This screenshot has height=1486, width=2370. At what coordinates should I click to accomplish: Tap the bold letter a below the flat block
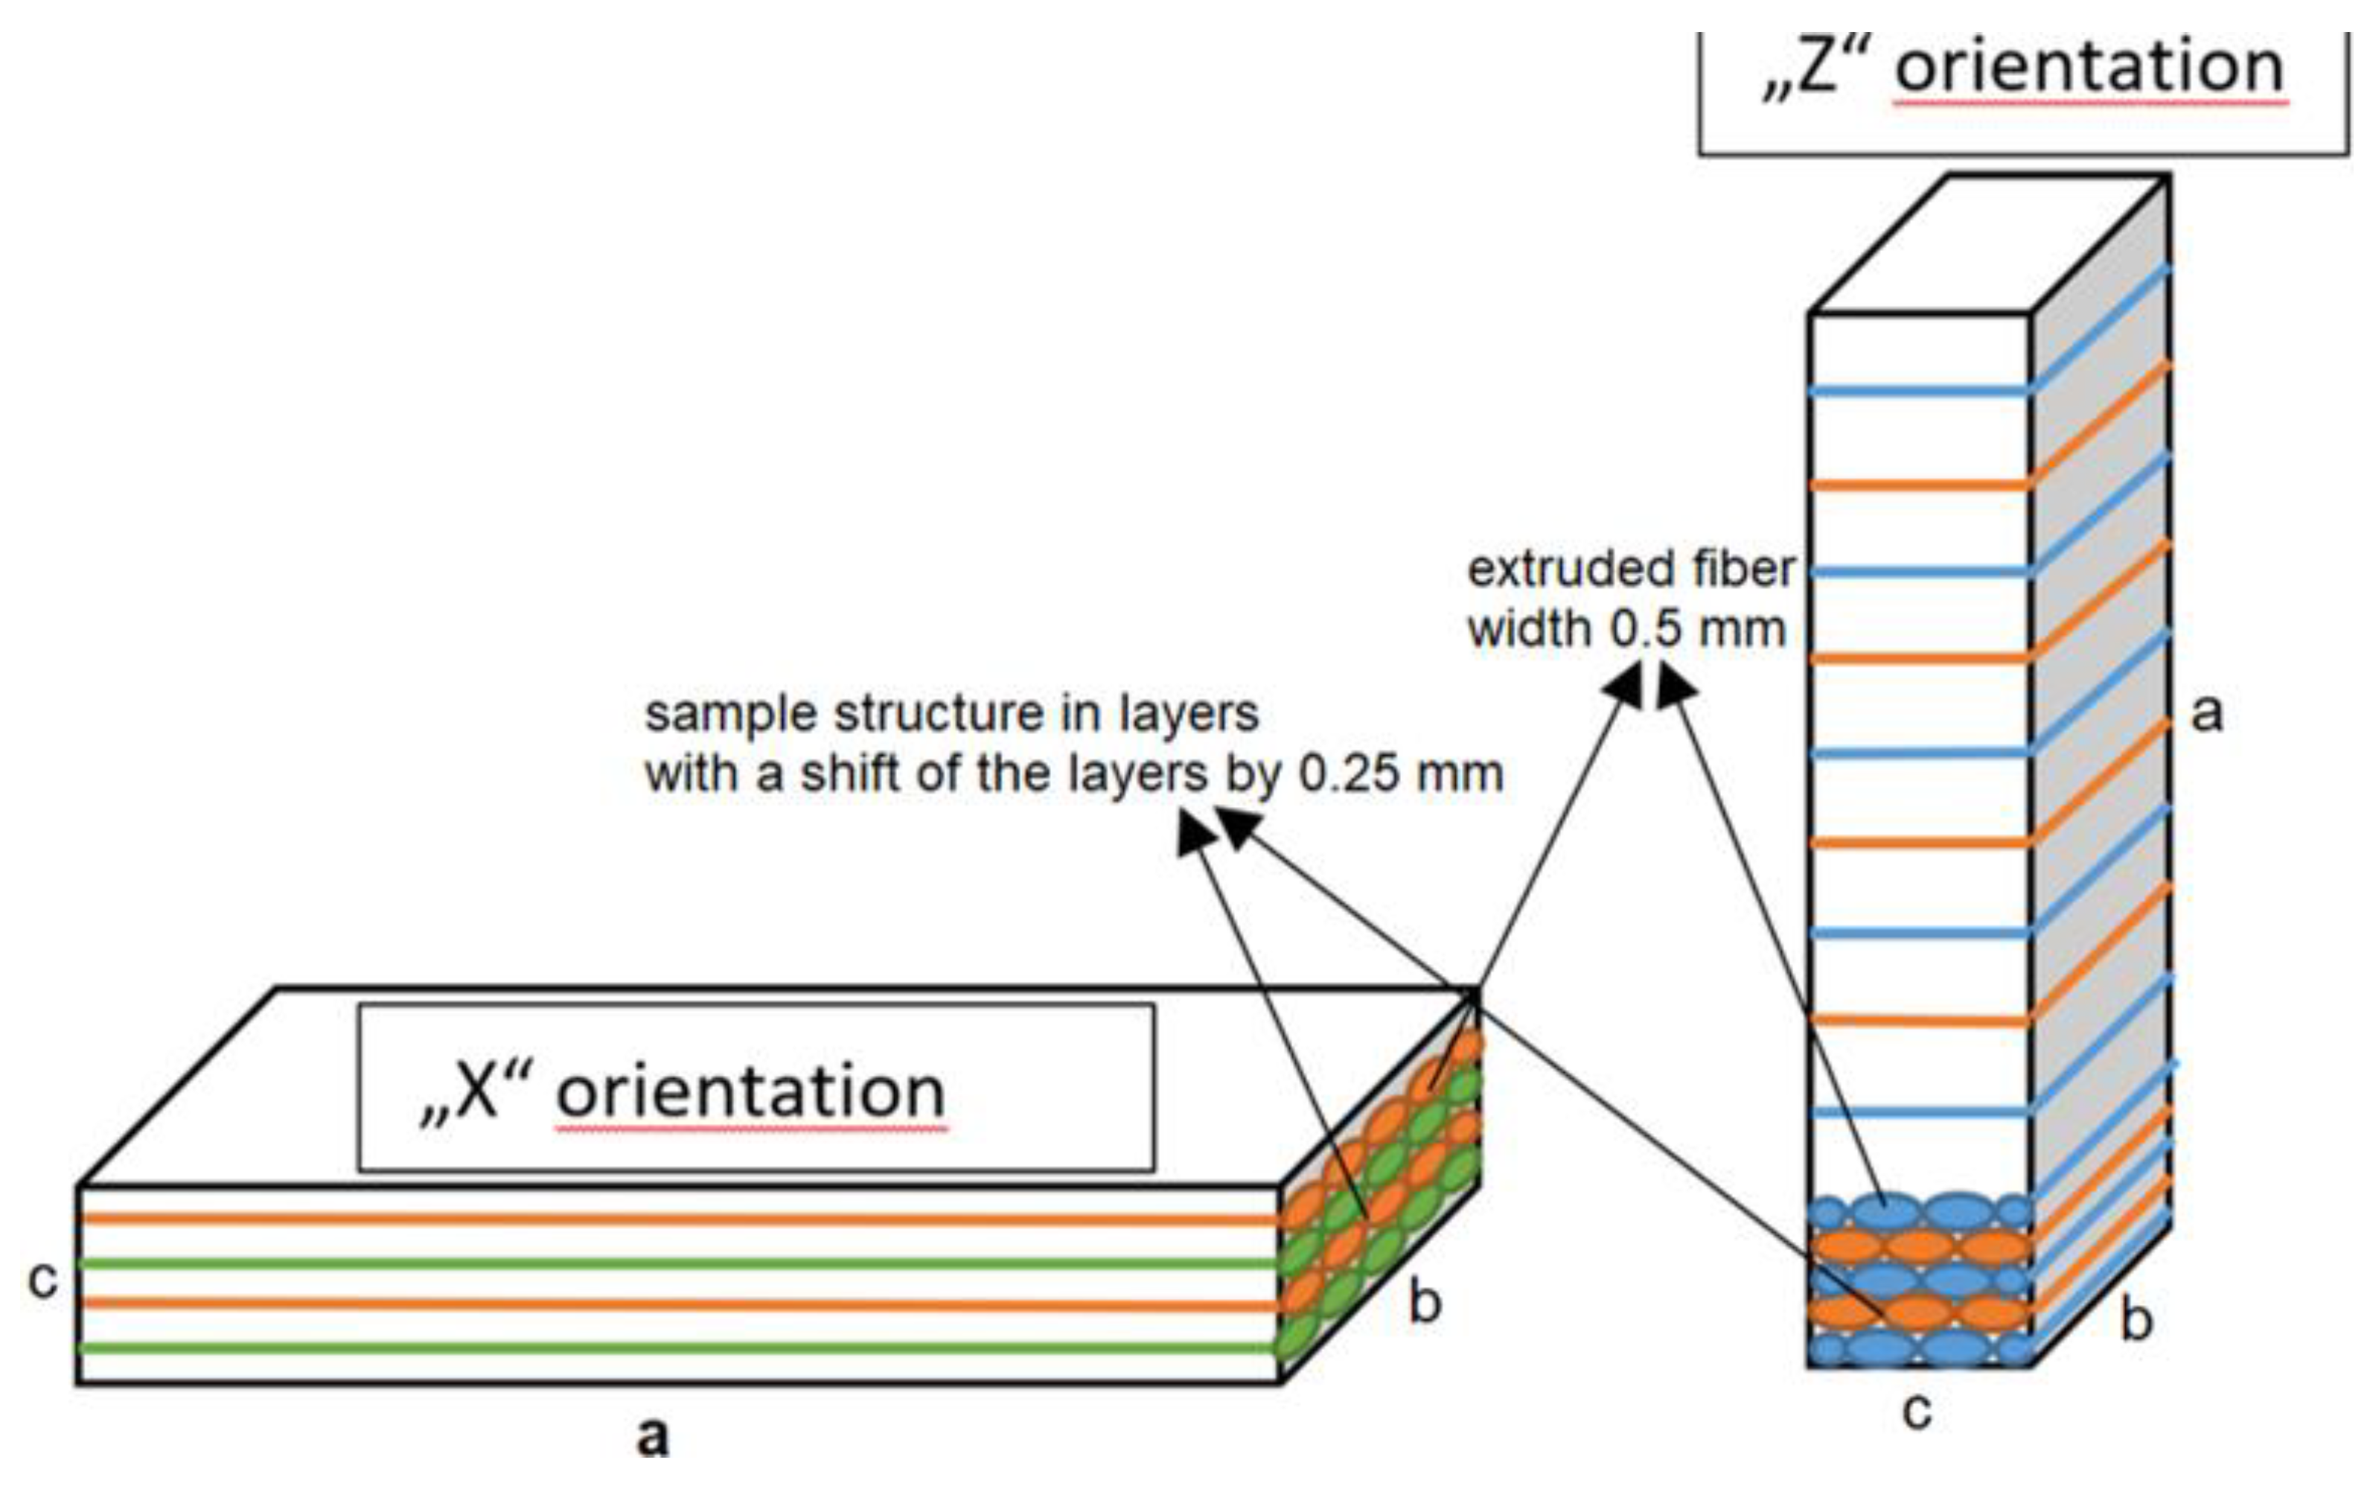point(653,1437)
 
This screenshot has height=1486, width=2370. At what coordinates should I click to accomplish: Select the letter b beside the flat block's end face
point(1425,1302)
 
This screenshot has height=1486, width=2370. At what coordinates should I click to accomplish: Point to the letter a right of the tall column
point(2207,712)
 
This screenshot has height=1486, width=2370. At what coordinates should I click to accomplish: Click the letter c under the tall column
point(1917,1410)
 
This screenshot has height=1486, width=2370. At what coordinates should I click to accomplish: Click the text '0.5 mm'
point(1697,629)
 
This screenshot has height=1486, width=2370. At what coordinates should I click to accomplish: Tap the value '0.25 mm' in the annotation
point(1401,774)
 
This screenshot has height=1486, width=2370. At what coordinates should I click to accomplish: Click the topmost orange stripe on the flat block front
point(678,1219)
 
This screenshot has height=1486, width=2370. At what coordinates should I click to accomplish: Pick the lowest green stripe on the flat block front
point(678,1348)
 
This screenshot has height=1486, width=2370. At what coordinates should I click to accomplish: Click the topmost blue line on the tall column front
point(1919,391)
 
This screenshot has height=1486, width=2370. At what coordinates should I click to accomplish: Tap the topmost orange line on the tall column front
point(1919,485)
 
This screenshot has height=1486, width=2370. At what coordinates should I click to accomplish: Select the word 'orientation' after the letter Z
point(2089,67)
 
